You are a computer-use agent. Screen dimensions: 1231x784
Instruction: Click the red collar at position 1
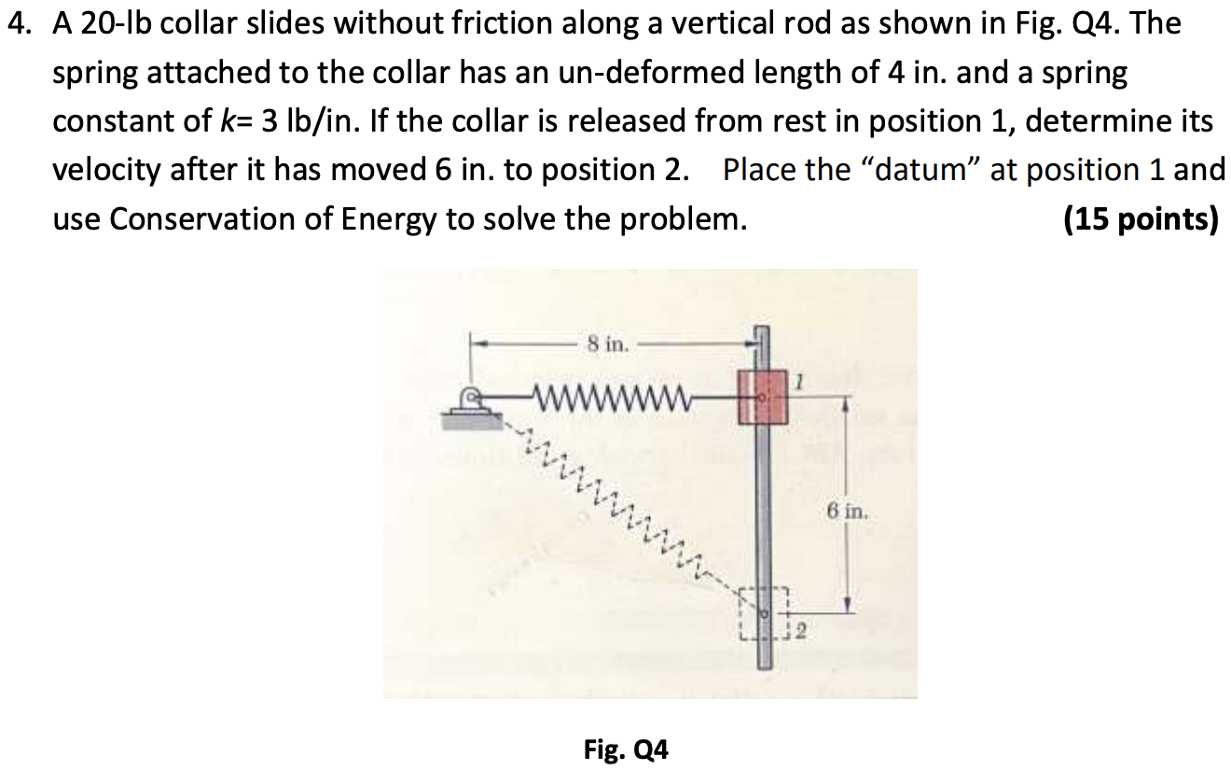pos(763,397)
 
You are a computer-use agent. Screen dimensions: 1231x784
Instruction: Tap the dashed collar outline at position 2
pos(764,613)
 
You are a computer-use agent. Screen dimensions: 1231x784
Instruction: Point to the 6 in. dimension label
pos(847,511)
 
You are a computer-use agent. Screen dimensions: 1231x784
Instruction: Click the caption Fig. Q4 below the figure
pos(626,749)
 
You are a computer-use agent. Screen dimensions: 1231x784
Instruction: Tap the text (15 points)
pos(1141,219)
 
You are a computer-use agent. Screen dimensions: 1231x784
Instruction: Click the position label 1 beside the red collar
pos(800,380)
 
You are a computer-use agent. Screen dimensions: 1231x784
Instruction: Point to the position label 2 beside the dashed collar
pos(799,635)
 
